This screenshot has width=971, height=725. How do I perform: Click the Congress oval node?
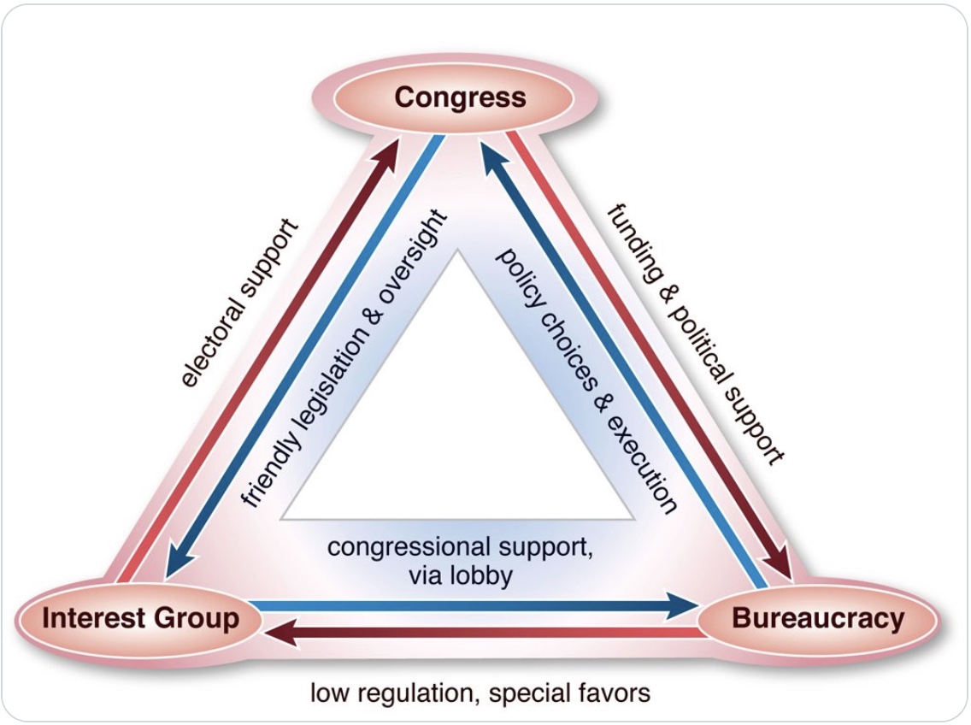coord(460,97)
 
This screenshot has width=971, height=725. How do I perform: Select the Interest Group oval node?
coord(140,618)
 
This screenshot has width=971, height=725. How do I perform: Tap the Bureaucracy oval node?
coord(818,618)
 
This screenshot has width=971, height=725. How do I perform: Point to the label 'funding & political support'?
coord(695,334)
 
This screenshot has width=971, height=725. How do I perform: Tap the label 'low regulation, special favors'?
coord(480,692)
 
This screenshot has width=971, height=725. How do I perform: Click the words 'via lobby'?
coord(460,575)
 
